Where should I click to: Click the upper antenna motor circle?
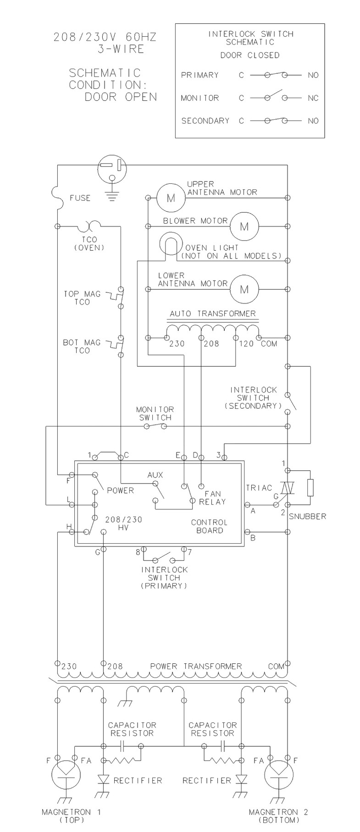[x=171, y=198]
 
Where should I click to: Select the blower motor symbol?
[x=244, y=226]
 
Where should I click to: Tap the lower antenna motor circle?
[x=244, y=289]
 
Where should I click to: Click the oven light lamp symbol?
[x=171, y=244]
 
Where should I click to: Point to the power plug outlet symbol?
[x=111, y=170]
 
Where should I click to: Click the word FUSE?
[x=80, y=198]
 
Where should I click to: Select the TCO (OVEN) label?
[x=89, y=243]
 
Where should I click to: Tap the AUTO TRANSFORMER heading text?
[x=213, y=314]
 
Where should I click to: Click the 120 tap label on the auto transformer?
[x=246, y=344]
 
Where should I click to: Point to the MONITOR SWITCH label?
[x=155, y=413]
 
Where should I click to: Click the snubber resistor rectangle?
[x=310, y=488]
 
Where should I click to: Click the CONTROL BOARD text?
[x=210, y=526]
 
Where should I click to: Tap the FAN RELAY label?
[x=212, y=498]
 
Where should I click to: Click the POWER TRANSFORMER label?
[x=196, y=667]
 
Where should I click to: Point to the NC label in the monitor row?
[x=313, y=98]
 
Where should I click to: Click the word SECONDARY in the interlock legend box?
[x=205, y=121]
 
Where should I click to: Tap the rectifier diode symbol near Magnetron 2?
[x=241, y=779]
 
